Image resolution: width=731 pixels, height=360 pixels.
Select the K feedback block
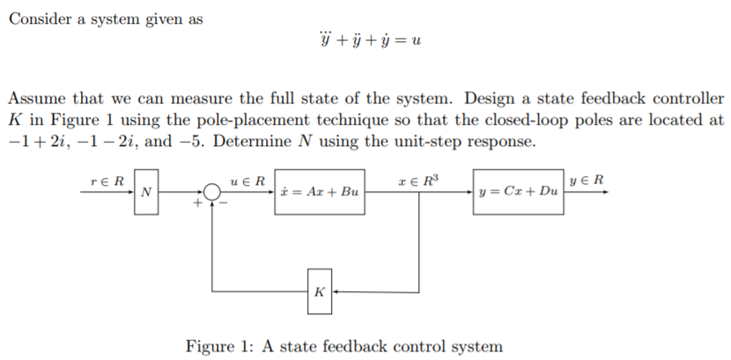pos(319,289)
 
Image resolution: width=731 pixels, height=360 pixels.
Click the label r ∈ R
pos(107,180)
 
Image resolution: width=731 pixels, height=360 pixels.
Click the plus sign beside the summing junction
pos(199,202)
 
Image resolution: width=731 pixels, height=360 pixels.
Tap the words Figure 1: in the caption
pos(220,345)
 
